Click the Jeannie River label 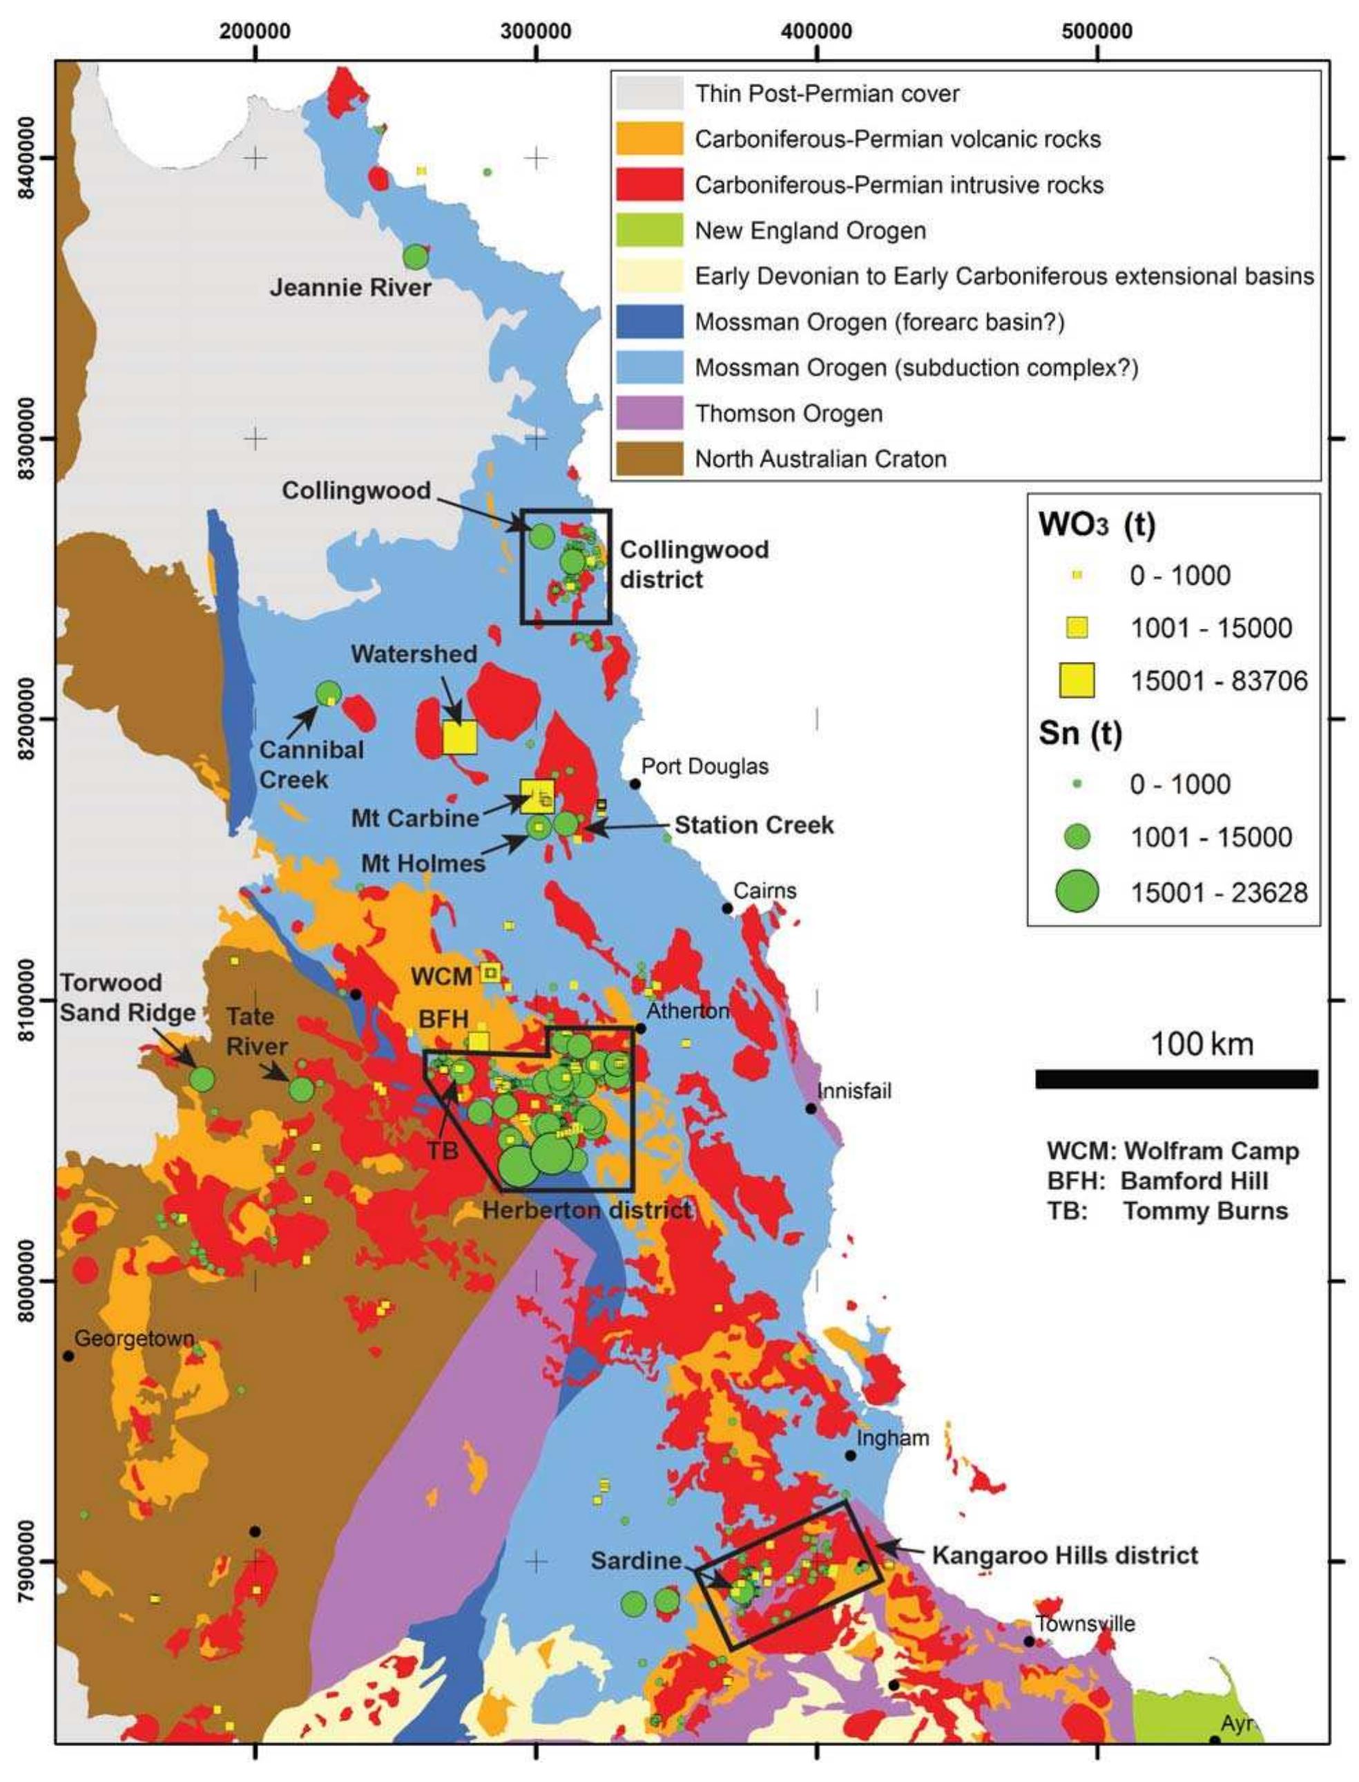[x=349, y=287]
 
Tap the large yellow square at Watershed [x=459, y=737]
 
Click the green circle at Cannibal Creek [x=329, y=693]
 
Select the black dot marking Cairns [x=727, y=908]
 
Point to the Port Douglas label [x=704, y=766]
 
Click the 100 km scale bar [x=1176, y=1079]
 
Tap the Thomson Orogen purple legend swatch [x=648, y=413]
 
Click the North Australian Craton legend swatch [x=648, y=459]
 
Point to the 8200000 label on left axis [x=27, y=719]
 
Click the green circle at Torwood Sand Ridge [x=202, y=1079]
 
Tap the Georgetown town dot [x=69, y=1356]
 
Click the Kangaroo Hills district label [x=1065, y=1555]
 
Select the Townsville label [x=1085, y=1623]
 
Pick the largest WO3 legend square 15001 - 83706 [x=1077, y=680]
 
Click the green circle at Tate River [x=302, y=1089]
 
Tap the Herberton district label [x=586, y=1211]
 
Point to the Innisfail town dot [x=811, y=1108]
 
